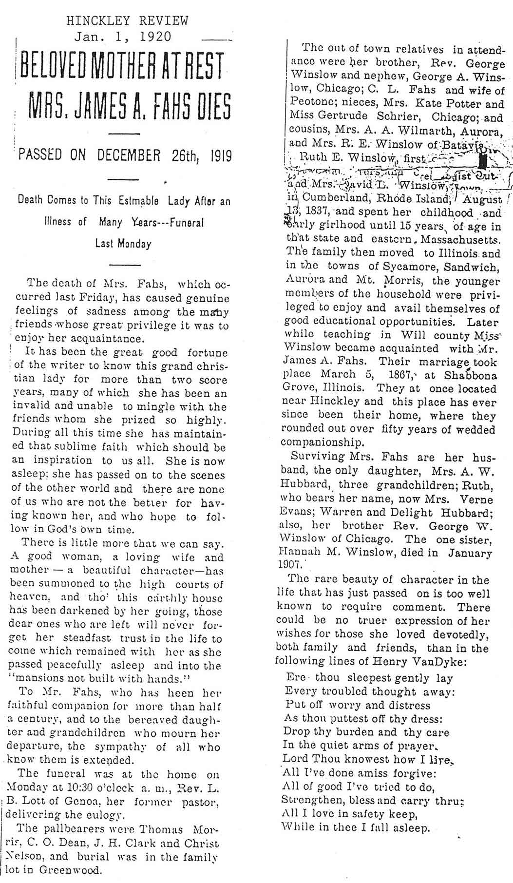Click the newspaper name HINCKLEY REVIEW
pos(127,20)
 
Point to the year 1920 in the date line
pos(154,37)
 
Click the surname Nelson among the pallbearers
pos(25,856)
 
